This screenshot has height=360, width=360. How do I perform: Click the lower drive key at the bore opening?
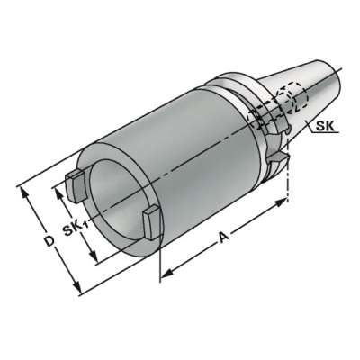point(150,218)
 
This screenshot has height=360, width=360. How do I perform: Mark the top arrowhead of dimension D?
point(24,191)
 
